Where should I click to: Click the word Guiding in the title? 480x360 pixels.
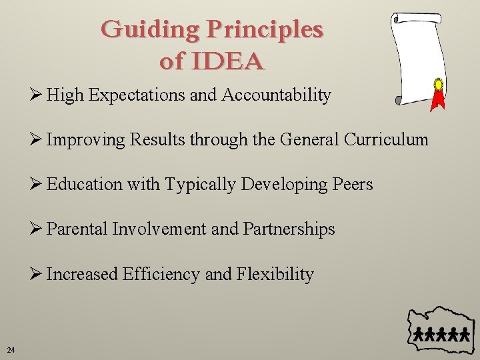[151, 30]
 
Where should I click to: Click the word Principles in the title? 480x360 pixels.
[265, 30]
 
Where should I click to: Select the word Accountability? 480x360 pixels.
[276, 95]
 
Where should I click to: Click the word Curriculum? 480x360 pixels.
[386, 139]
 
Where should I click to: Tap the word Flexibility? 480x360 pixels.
[275, 274]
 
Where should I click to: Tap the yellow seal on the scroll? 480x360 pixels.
[438, 85]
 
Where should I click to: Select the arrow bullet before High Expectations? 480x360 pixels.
[37, 95]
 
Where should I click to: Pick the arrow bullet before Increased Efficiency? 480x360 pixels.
[37, 274]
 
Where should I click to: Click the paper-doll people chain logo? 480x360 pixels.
[441, 333]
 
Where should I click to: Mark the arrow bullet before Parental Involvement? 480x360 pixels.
[37, 229]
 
